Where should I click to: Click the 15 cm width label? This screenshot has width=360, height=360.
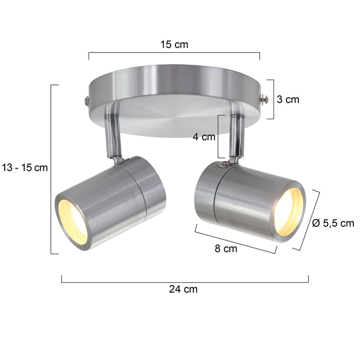pos(174,44)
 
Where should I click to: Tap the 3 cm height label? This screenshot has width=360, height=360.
pos(287,100)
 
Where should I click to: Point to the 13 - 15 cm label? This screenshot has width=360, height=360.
pos(24,167)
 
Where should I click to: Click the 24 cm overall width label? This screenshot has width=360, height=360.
pos(183,289)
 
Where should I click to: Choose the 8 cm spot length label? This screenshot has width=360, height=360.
pos(226,249)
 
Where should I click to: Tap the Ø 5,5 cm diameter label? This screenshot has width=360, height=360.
pos(333,223)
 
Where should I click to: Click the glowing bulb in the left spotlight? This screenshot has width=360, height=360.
pos(73,221)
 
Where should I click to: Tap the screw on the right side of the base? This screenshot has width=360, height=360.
pos(264,100)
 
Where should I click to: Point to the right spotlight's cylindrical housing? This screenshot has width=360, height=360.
pos(242,198)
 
